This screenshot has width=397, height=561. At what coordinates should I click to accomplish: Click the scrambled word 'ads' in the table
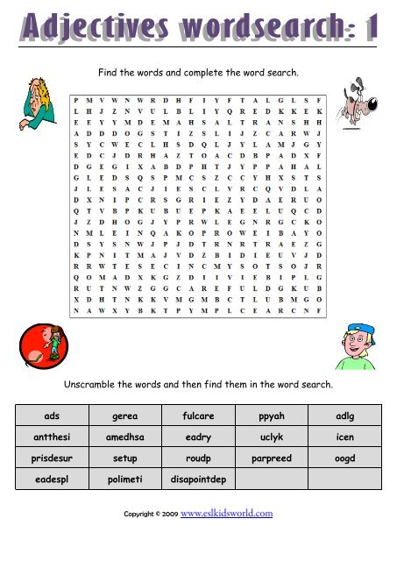[x=51, y=413]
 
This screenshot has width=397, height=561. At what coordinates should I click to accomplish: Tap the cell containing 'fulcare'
[x=199, y=413]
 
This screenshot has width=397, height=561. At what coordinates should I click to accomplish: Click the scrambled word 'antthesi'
[x=51, y=435]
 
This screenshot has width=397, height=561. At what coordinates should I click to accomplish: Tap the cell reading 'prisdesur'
[x=51, y=458]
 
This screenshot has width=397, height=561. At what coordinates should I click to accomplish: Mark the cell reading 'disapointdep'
[x=199, y=479]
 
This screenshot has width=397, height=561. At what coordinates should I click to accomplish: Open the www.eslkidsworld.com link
[x=226, y=514]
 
